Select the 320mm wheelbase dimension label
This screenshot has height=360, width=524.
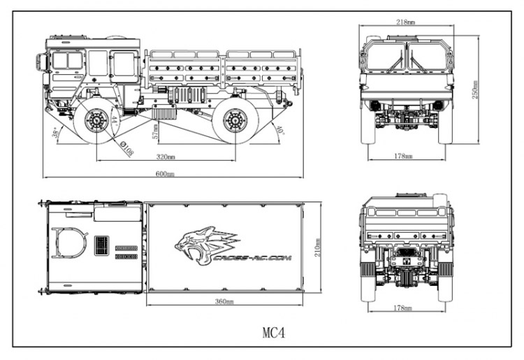(166, 158)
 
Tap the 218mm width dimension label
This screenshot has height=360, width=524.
(404, 22)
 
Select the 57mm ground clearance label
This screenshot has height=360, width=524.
(155, 129)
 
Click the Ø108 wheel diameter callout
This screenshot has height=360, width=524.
(126, 149)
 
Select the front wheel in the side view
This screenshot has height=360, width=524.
(94, 121)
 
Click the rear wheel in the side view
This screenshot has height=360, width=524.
(235, 121)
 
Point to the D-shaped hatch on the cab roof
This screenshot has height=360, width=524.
(71, 242)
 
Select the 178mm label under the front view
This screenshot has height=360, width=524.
(404, 156)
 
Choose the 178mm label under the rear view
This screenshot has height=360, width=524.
(405, 308)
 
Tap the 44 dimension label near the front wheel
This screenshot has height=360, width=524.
(112, 121)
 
